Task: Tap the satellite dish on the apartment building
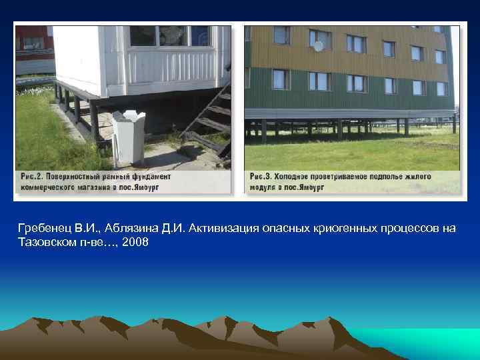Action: pyautogui.click(x=319, y=46)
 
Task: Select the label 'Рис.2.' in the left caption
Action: pyautogui.click(x=30, y=177)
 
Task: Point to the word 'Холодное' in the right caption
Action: pyautogui.click(x=295, y=177)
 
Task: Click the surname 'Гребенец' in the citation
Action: pyautogui.click(x=43, y=229)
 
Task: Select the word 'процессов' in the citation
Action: pyautogui.click(x=407, y=229)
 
